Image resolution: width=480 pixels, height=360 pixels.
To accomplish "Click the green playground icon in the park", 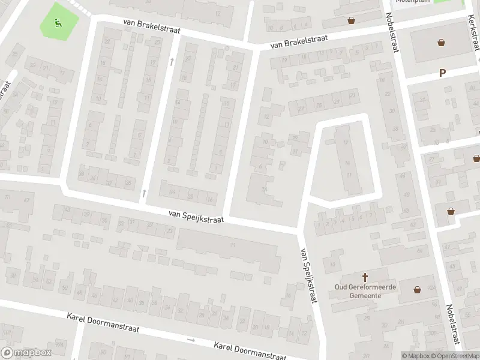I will (58, 23).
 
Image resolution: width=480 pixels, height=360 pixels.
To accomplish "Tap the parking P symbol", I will (443, 73).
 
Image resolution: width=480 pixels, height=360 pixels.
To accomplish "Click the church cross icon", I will (365, 277).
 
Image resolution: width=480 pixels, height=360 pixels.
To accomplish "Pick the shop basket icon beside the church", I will (418, 290).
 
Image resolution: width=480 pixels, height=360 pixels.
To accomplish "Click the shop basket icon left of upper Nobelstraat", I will (351, 20).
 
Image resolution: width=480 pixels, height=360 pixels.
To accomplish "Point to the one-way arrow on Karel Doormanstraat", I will (191, 340).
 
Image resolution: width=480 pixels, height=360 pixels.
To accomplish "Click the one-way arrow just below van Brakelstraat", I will (172, 61).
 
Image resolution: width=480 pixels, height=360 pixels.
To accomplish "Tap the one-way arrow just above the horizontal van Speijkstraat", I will (143, 193).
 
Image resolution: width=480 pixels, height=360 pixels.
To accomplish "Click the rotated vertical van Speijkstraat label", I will (307, 275).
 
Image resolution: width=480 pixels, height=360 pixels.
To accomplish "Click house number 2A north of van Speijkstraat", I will (264, 190).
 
